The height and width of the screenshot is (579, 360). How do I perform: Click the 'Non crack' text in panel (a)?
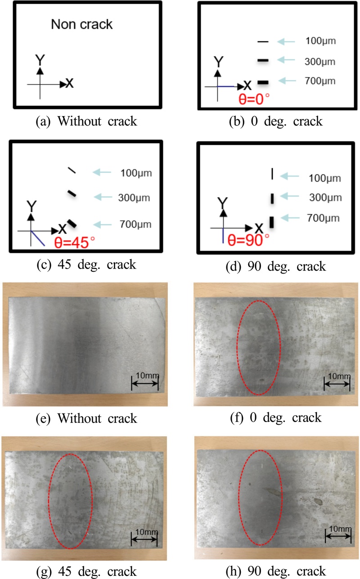82,24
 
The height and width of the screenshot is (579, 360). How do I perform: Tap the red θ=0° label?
254,99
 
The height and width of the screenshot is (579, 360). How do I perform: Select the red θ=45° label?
75,242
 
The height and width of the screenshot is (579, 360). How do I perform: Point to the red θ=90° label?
248,240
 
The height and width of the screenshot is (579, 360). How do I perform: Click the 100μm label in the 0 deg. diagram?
321,41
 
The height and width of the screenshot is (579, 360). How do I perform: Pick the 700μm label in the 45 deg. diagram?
135,224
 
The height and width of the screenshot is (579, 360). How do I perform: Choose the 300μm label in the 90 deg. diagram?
326,197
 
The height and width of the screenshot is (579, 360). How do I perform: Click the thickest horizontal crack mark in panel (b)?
263,82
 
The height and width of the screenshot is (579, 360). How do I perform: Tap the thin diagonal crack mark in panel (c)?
72,170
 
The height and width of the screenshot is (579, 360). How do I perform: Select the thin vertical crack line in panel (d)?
272,174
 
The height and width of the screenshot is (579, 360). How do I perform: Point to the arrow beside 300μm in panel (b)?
286,60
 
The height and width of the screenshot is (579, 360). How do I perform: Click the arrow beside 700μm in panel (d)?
290,218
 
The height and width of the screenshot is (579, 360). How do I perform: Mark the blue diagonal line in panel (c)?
38,238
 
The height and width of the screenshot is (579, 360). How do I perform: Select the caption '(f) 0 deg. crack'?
276,417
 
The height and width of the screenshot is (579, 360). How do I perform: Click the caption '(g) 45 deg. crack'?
86,571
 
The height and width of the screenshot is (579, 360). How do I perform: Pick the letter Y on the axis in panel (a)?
40,60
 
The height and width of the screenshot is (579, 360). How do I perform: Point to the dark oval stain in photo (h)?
318,502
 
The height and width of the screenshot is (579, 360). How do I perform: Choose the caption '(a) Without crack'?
86,121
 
